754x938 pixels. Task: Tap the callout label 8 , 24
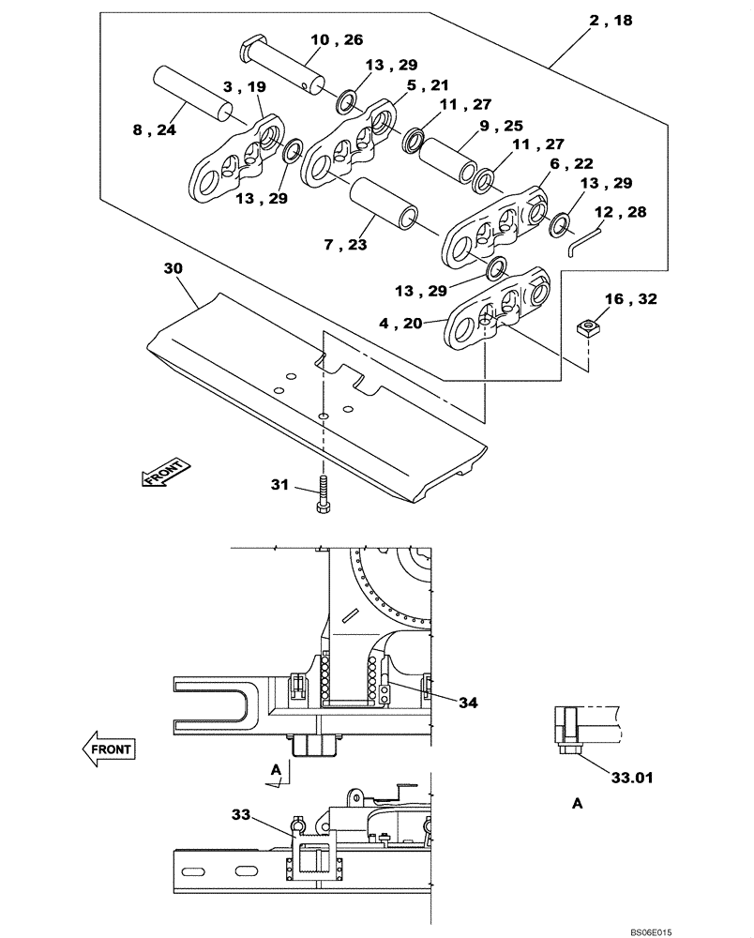(x=154, y=130)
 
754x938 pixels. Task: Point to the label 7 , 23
(x=346, y=246)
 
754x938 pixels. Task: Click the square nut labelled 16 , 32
(x=587, y=328)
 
